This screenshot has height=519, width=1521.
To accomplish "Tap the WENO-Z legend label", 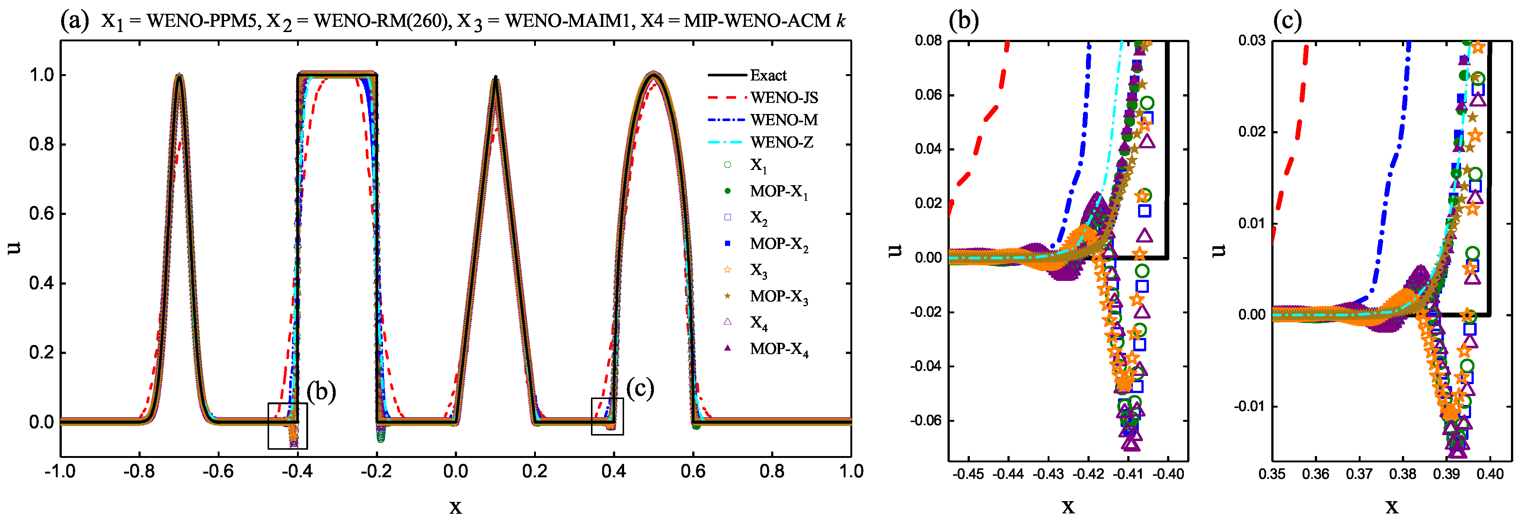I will (x=781, y=142).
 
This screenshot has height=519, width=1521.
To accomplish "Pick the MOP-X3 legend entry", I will (x=778, y=296).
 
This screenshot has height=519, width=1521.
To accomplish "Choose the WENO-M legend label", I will (x=783, y=120).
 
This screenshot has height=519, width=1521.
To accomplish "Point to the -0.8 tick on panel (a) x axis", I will (x=139, y=472).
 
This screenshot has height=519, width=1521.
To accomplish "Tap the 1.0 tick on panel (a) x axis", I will (x=851, y=472).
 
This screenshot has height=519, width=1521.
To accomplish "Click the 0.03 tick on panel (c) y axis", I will (x=1252, y=41).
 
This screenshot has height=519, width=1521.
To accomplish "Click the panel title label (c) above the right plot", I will (x=1287, y=21).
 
